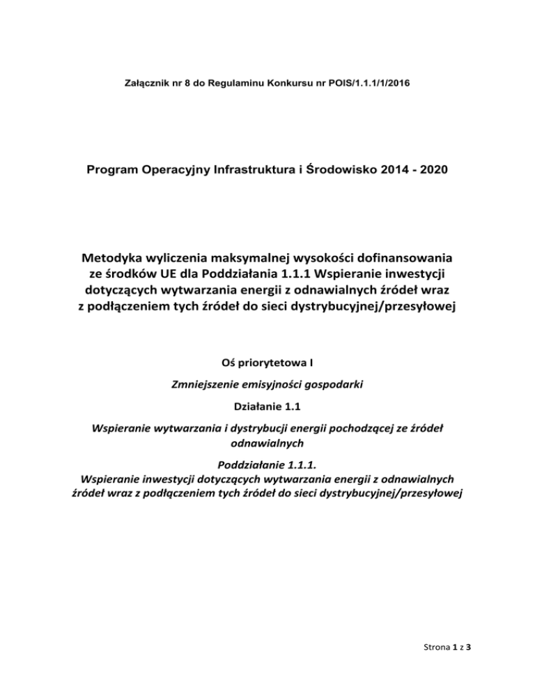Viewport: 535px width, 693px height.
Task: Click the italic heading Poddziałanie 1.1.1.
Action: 267,464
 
